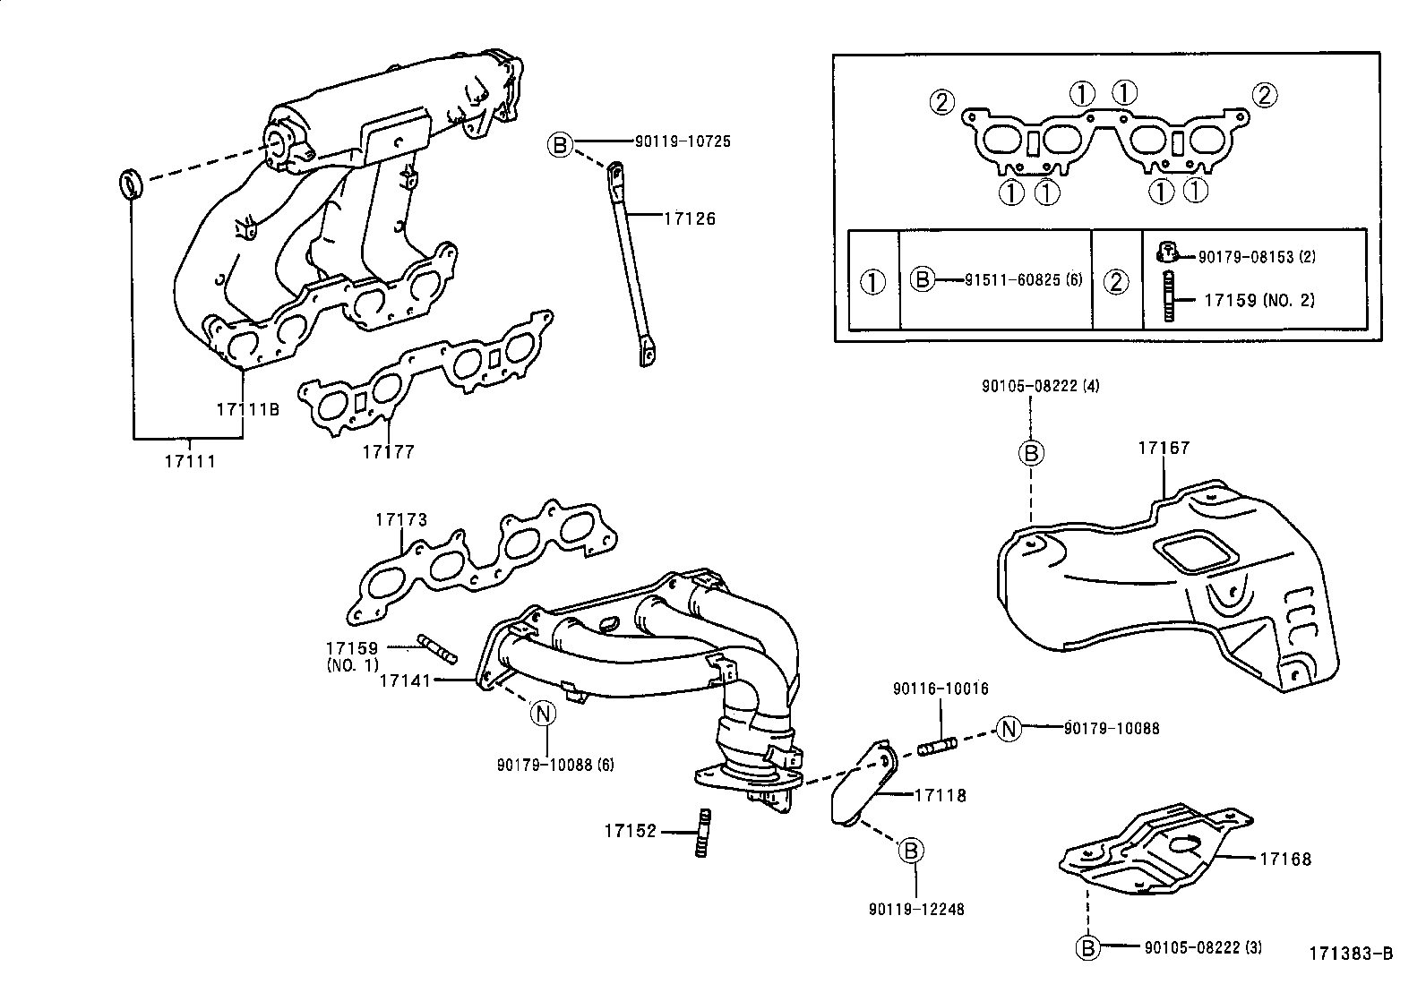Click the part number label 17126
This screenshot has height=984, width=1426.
coord(689,218)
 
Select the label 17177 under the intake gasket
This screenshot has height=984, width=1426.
coord(388,451)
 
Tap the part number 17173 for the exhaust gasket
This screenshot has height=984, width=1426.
coord(400,519)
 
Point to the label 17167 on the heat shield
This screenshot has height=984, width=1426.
coord(1164,448)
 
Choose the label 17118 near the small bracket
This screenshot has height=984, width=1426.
coord(940,794)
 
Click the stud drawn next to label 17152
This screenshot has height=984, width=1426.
coord(704,832)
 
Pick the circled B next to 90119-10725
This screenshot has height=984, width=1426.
coord(560,143)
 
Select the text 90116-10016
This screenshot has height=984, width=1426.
coord(941,689)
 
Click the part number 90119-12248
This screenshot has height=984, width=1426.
coord(915,910)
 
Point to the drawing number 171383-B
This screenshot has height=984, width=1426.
coord(1351,954)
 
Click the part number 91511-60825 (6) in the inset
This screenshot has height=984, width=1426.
coord(1023,280)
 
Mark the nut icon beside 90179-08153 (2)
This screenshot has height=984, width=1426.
coord(1166,252)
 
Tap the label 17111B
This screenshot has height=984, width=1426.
coord(247,409)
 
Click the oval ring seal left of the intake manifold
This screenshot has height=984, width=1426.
coord(131,184)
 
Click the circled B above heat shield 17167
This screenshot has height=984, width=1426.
coord(1031,453)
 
